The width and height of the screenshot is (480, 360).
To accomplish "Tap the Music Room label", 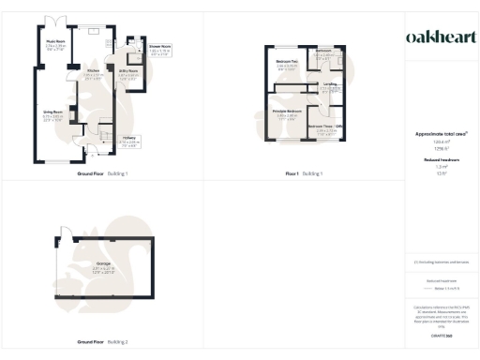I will pos(54,42).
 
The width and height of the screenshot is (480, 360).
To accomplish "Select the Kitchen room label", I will pos(93,71).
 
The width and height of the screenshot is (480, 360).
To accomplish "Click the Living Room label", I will pos(52,112).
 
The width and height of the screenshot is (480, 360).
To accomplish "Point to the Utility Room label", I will pos(127,71).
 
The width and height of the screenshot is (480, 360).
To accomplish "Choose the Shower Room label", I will pos(158,45).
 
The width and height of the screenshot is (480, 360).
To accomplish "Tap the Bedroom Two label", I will pos(287,62).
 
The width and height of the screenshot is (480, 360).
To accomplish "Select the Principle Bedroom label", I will pos(287,112).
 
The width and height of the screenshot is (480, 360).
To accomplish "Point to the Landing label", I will pos(329,84).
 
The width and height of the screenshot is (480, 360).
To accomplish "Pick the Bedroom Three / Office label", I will pos(327,126).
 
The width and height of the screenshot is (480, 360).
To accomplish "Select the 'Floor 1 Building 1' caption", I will pos(305,174).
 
